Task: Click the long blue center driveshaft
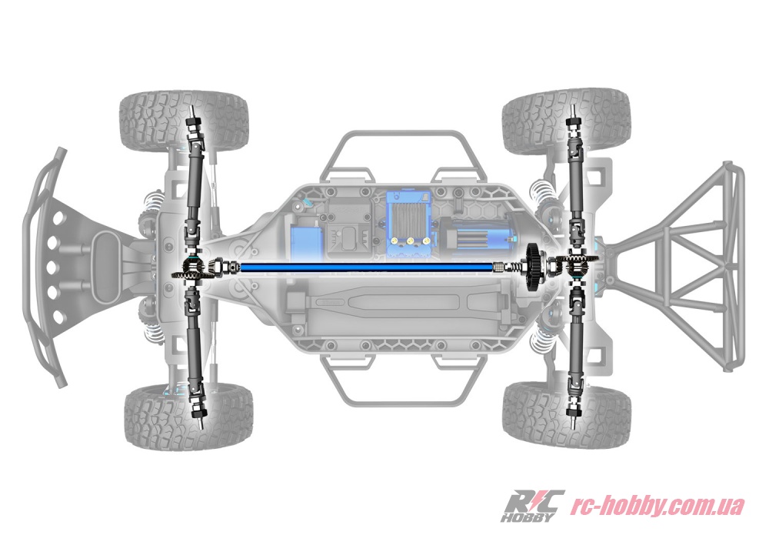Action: pyautogui.click(x=367, y=267)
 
